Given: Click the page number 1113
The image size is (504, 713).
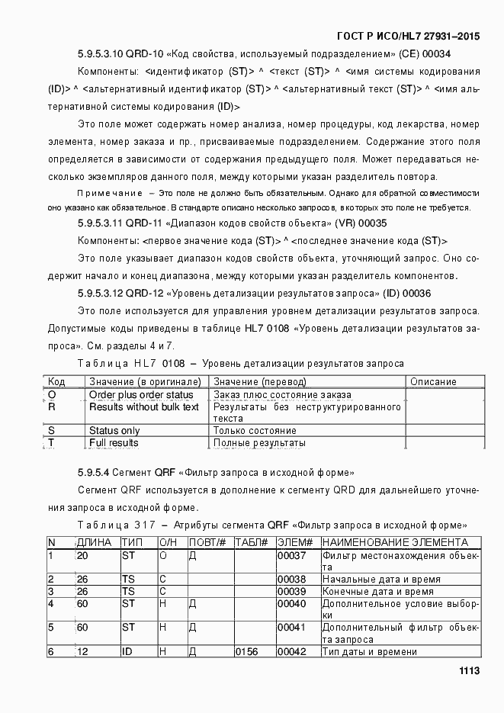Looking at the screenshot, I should (468, 670).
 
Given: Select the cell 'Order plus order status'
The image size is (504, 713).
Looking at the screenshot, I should (141, 395).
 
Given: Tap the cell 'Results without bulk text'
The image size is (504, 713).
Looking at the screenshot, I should (144, 406).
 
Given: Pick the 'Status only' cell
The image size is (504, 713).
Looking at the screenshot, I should (114, 431).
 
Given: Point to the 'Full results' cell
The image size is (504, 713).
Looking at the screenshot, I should (114, 442).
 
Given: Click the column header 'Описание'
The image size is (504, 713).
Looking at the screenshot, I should (433, 381).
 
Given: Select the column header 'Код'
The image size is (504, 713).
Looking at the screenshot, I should (56, 381).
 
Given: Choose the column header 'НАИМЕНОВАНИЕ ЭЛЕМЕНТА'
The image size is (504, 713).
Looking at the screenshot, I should (395, 542).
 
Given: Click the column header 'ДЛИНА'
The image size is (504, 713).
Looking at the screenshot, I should (94, 542).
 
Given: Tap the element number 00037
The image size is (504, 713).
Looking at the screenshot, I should (291, 556).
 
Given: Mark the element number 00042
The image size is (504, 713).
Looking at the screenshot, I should (291, 651).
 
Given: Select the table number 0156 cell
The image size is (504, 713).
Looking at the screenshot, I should (248, 651).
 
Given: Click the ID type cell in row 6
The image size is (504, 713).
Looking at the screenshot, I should (127, 651).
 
